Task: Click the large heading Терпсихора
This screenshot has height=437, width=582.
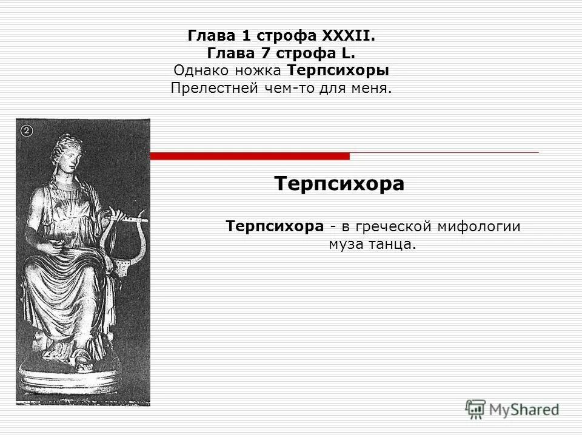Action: coord(339,183)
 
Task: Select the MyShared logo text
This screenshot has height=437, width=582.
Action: coord(524,409)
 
